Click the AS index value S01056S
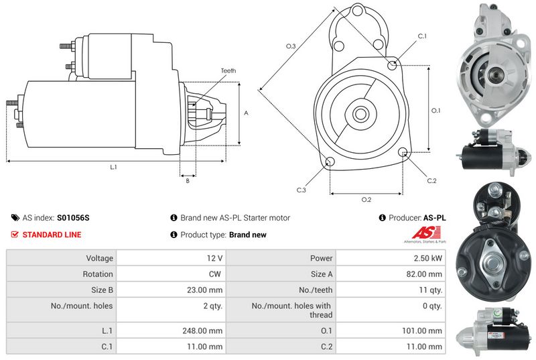point(73,218)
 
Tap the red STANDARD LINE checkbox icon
point(15,235)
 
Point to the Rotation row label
point(98,274)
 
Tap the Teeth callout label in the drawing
point(228,71)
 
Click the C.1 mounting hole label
point(422,36)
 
